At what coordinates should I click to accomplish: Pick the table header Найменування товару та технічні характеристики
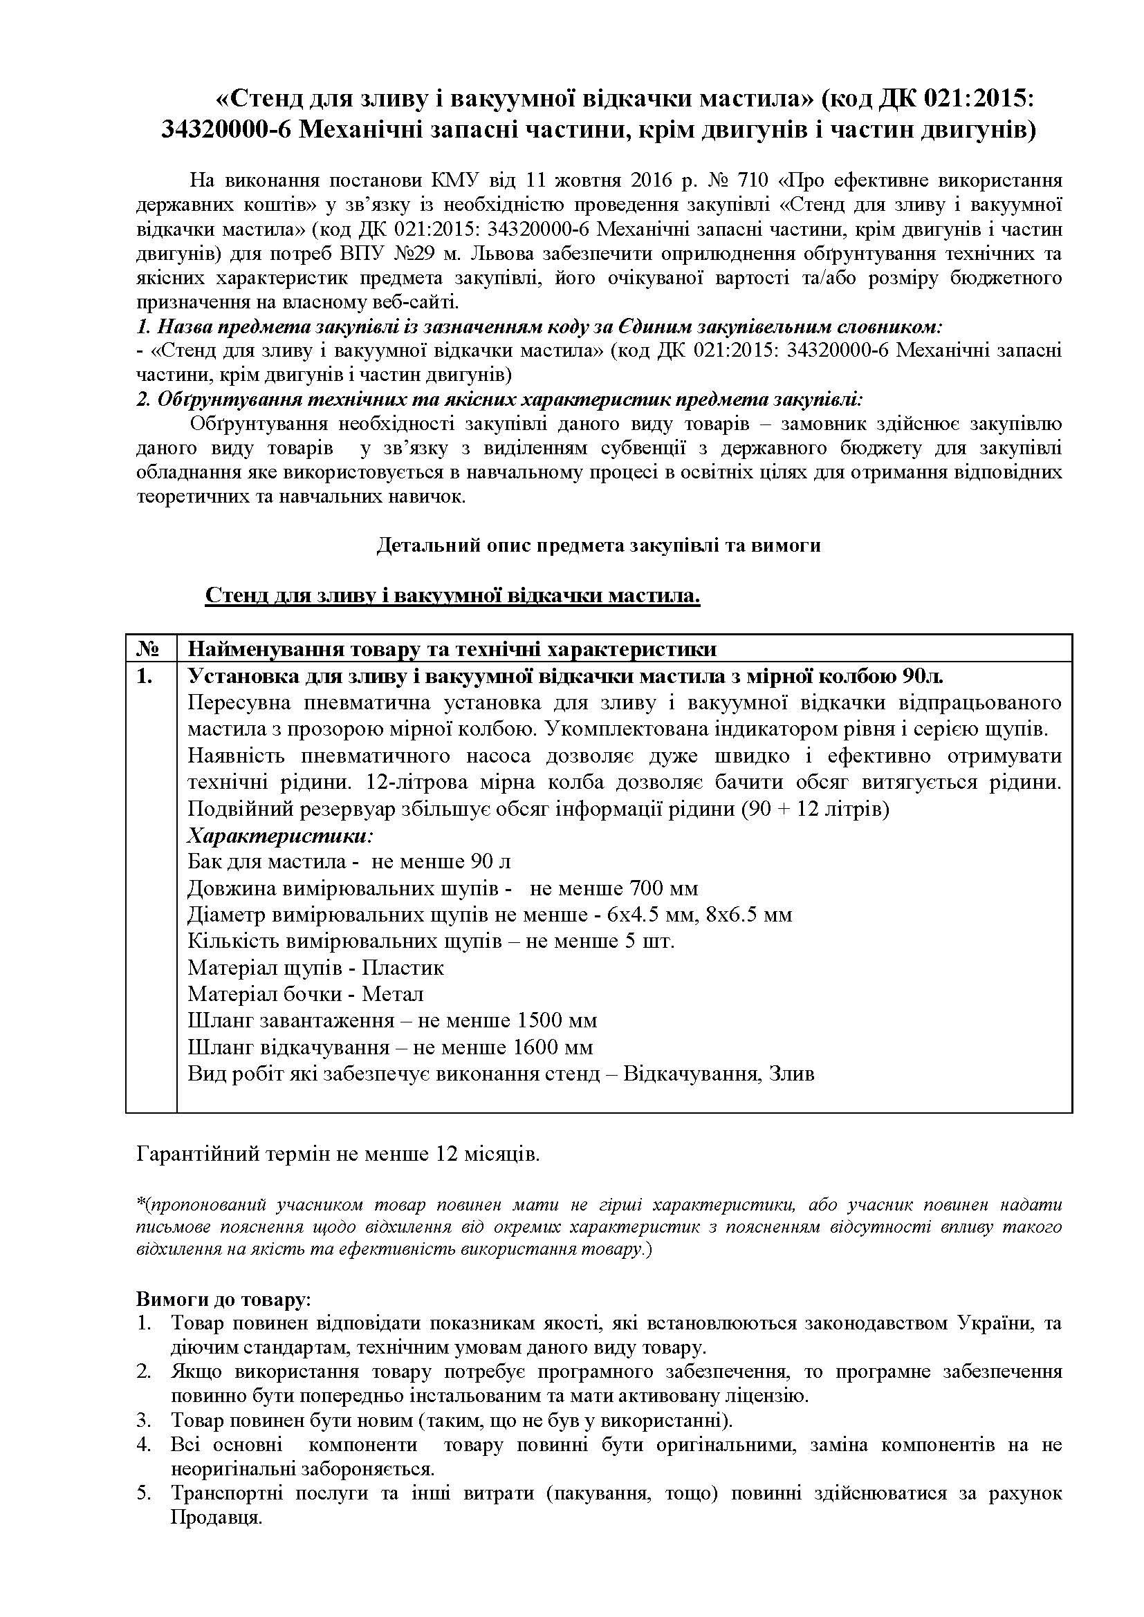pyautogui.click(x=452, y=648)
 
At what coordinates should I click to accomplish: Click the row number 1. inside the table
pyautogui.click(x=145, y=677)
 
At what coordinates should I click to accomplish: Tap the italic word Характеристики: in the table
pyautogui.click(x=279, y=836)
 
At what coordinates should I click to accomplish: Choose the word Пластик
pyautogui.click(x=403, y=969)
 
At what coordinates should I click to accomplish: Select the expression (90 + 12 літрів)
pyautogui.click(x=815, y=810)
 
